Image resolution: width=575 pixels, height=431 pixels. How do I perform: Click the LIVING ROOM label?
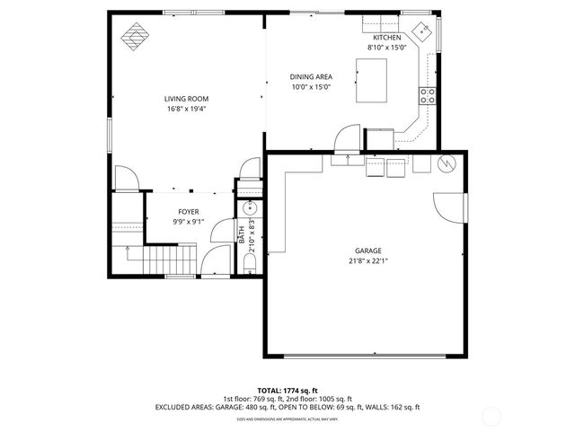185,99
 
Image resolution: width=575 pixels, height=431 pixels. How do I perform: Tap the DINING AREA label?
311,77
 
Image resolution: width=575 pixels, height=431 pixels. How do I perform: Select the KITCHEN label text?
386,37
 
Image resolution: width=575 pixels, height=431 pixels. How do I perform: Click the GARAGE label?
367,251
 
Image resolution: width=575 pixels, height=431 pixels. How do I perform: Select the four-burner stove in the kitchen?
427,96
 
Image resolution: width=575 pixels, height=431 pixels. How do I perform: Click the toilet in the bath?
251,262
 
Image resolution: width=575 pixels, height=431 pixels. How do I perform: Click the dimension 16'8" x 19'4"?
186,109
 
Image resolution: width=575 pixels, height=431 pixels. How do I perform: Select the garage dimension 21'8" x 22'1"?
367,261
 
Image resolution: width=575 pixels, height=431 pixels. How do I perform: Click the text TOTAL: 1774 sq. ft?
287,390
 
